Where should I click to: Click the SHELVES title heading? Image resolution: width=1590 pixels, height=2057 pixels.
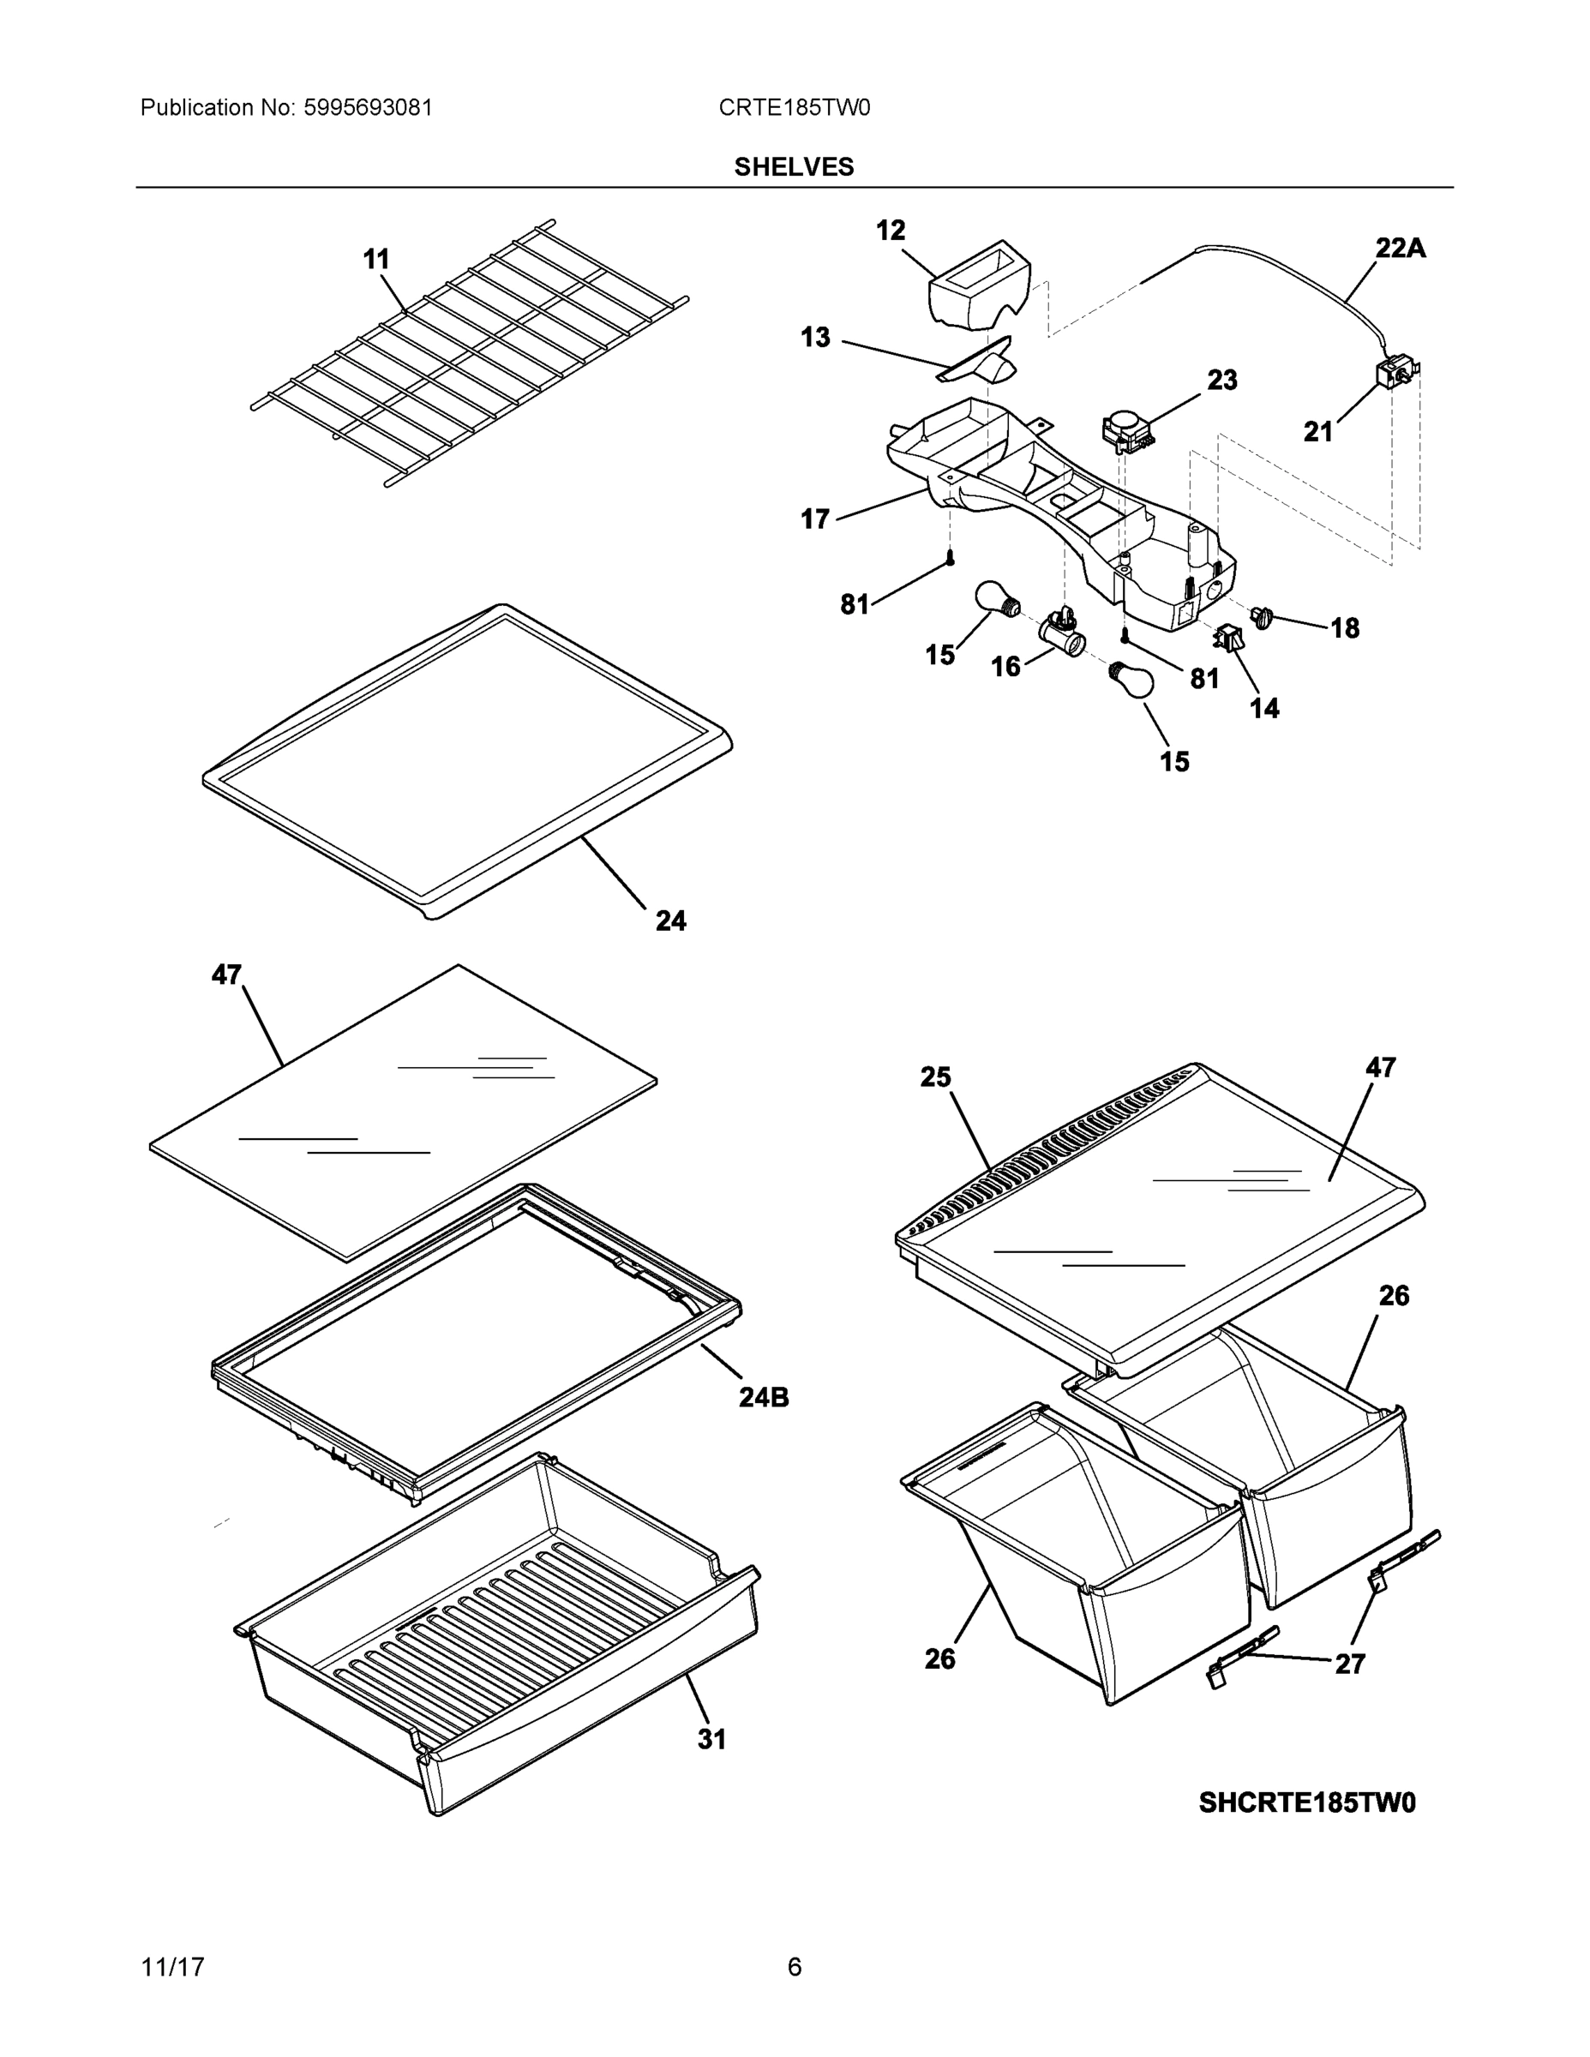[793, 167]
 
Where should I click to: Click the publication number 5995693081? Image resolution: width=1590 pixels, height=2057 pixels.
[368, 107]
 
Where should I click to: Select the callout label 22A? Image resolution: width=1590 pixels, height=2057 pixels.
[1400, 249]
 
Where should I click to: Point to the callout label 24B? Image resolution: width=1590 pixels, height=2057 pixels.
[763, 1397]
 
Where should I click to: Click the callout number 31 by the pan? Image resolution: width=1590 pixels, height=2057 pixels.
[712, 1740]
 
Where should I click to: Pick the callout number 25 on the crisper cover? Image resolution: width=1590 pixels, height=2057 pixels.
[935, 1077]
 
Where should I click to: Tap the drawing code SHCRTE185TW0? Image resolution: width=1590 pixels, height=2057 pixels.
[1306, 1802]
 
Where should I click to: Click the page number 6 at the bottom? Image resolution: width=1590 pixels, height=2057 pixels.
[794, 1967]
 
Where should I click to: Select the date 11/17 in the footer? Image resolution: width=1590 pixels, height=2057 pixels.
[172, 1967]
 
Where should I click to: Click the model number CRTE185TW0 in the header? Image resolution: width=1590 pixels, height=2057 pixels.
[794, 107]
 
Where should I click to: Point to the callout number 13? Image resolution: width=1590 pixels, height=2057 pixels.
[815, 337]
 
